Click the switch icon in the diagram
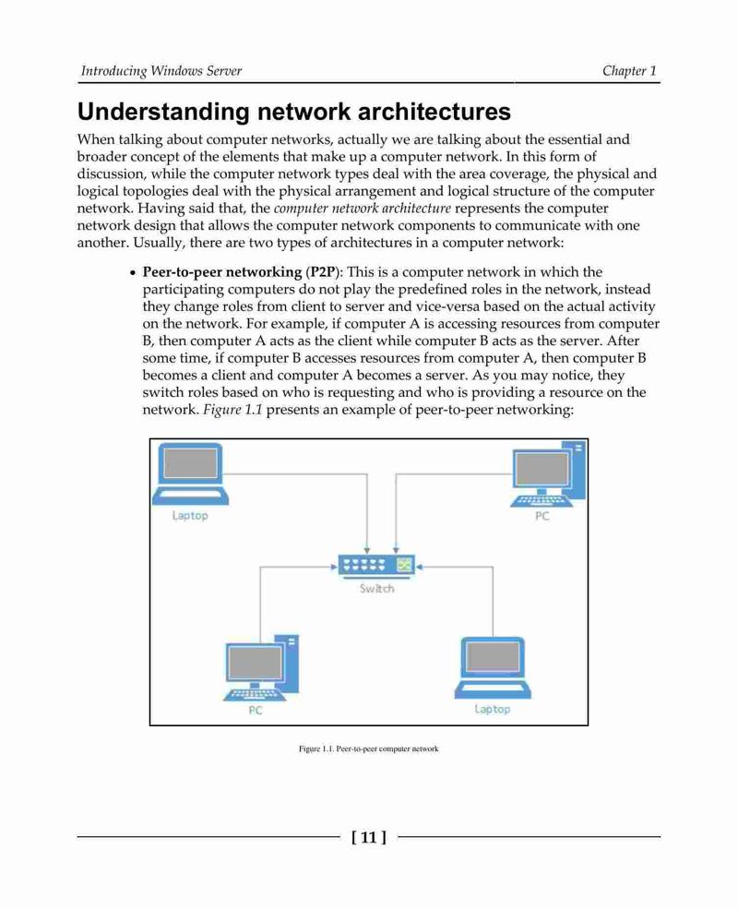[376, 566]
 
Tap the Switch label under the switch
[376, 589]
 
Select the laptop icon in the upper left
[190, 473]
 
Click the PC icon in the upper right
[548, 473]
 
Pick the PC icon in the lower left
[261, 667]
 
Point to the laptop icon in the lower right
[493, 668]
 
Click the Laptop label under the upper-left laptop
[190, 516]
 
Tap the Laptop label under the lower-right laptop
[493, 710]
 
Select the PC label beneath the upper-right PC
[542, 516]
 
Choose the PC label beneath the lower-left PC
[256, 711]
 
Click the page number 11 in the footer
[369, 837]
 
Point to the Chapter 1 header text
[630, 71]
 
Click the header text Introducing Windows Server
[161, 71]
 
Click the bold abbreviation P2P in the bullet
[322, 272]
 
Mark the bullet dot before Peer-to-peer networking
[133, 273]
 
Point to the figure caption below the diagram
[368, 749]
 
